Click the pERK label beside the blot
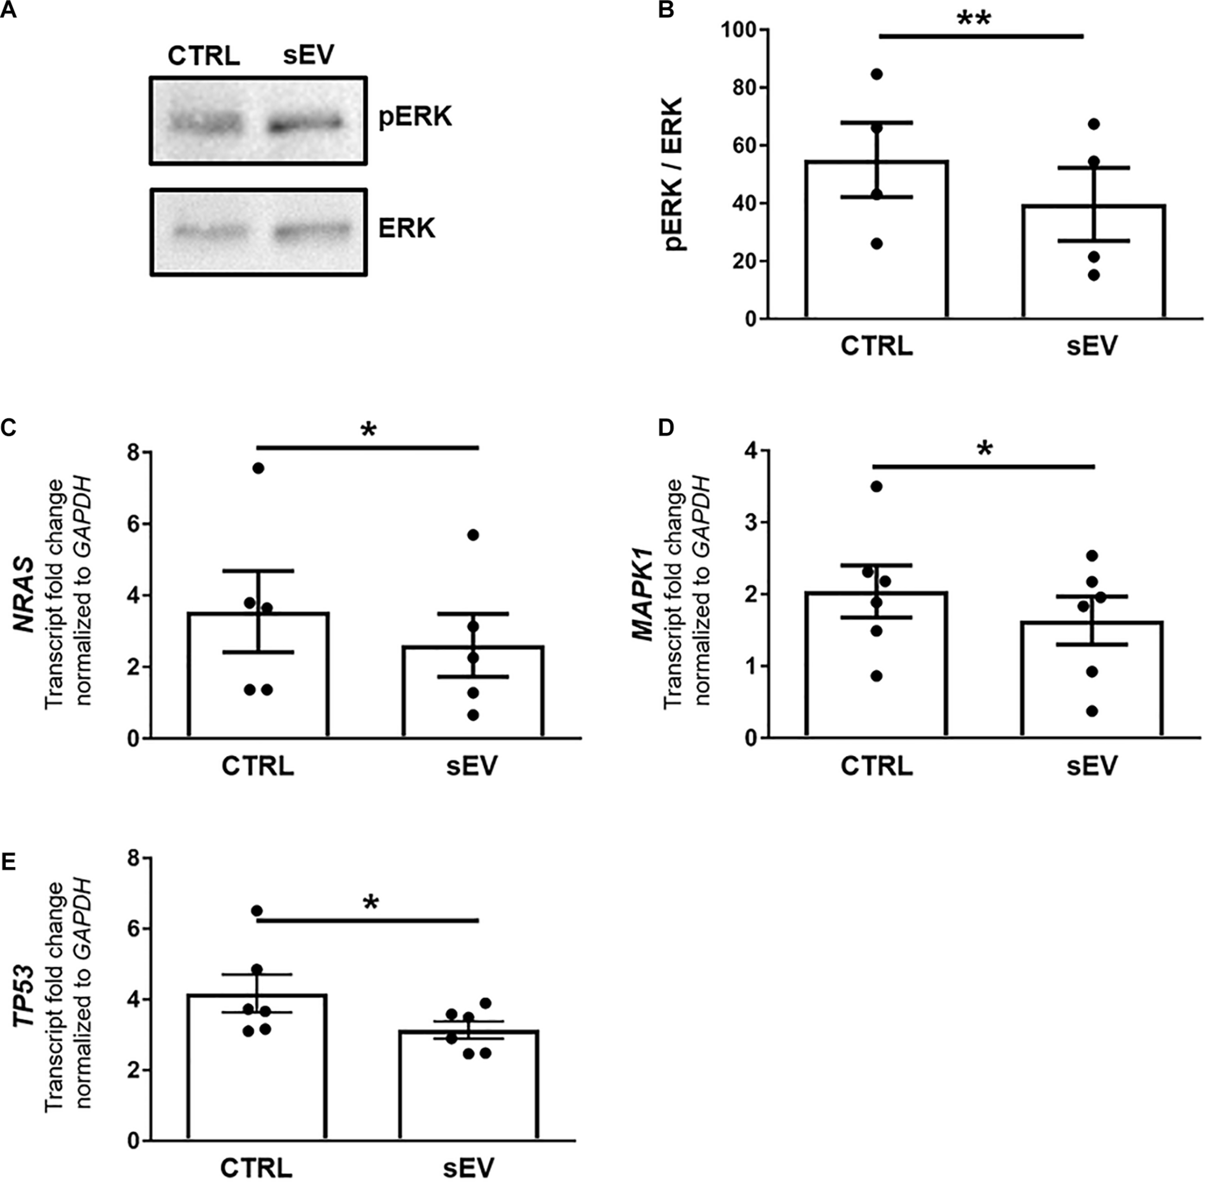(415, 117)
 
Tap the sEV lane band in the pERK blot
(305, 124)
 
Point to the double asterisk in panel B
(974, 20)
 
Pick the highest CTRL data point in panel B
(877, 74)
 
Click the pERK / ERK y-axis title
(674, 174)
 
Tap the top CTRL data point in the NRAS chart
(258, 468)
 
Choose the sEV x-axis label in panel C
(472, 765)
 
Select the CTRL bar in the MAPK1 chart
(876, 671)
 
